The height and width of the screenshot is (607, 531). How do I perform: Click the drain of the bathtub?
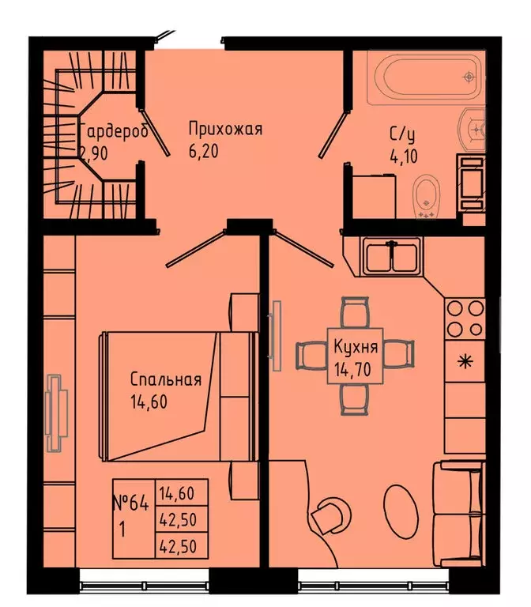pos(469,77)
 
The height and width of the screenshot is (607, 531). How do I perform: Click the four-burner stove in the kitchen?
pos(465,319)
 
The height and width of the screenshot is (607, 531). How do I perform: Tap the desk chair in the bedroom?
pos(325,518)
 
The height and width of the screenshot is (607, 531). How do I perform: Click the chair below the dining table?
pos(355,399)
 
